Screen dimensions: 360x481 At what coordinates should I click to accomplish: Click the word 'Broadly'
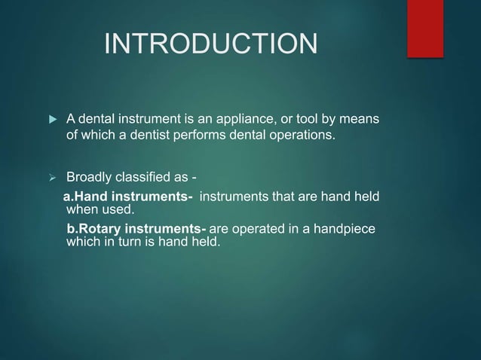point(90,178)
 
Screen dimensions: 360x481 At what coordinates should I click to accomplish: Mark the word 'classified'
point(144,178)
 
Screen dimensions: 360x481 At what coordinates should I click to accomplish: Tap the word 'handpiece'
point(345,228)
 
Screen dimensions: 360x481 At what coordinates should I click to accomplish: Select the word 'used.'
point(116,209)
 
